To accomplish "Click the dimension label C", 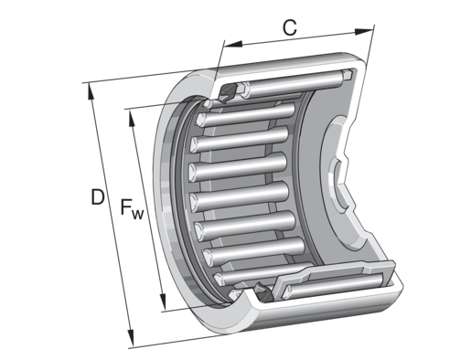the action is [x=289, y=27].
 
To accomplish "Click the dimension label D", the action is [x=98, y=197].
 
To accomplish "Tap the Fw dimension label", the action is [x=132, y=209].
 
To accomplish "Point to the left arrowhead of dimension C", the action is [x=232, y=44].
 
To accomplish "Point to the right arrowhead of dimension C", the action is [x=364, y=32].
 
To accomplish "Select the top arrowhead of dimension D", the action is [x=91, y=91].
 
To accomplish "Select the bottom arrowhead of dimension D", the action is [x=131, y=338].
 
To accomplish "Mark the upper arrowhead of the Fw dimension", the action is [x=132, y=118].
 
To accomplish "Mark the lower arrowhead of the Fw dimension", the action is [x=163, y=302].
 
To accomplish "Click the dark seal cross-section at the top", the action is [x=227, y=93].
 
